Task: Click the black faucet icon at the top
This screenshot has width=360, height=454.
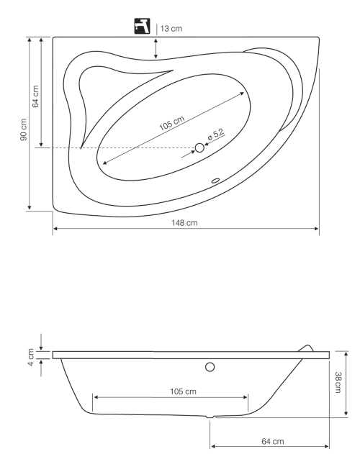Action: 143,27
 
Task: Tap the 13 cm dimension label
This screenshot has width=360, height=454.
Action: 171,28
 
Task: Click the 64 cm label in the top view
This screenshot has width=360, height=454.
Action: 36,96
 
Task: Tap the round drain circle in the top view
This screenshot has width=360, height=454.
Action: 200,147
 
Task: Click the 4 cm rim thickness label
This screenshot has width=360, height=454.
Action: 31,353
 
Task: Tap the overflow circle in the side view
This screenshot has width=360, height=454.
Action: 210,367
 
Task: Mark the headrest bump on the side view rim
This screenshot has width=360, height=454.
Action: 307,348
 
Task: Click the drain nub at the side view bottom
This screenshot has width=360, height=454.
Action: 210,417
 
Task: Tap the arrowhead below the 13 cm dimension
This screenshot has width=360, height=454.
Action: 156,57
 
